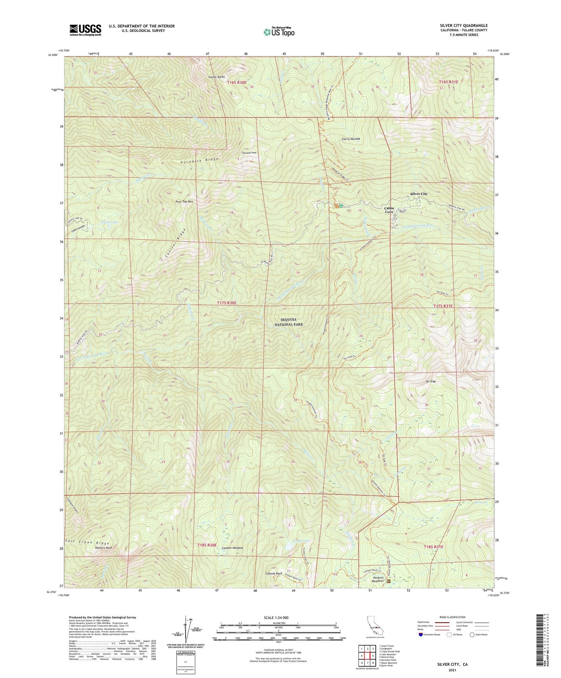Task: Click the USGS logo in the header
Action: point(85,30)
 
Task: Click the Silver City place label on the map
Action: point(419,194)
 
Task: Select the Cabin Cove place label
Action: point(389,210)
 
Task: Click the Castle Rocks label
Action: point(217,77)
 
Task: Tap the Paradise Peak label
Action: point(249,153)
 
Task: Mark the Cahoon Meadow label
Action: point(232,548)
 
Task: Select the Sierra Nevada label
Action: point(351,139)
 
